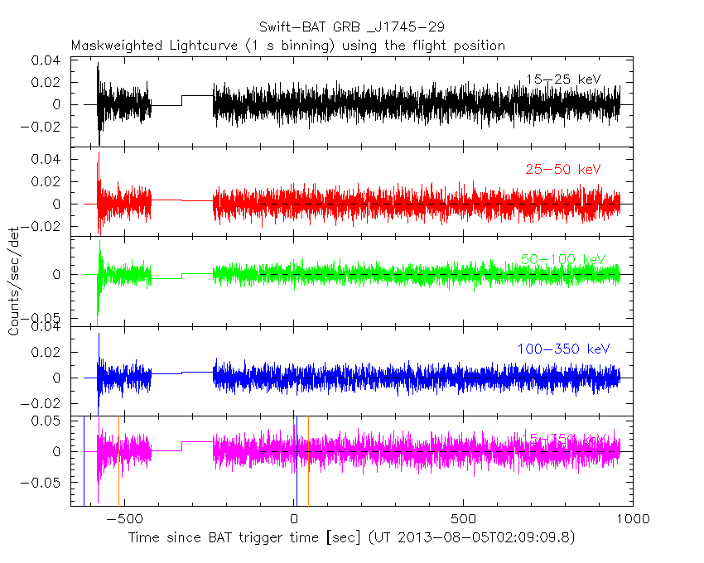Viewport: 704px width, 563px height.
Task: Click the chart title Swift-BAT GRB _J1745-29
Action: click(x=352, y=26)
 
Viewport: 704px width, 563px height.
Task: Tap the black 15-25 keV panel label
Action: click(x=562, y=79)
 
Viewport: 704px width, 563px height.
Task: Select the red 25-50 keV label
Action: click(x=562, y=170)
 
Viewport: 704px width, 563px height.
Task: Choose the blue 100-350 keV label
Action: click(x=558, y=349)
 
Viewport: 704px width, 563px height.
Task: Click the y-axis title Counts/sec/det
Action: click(x=14, y=282)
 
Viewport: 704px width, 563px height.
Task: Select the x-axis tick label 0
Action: click(x=294, y=519)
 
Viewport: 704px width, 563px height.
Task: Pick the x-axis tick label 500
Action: click(x=463, y=519)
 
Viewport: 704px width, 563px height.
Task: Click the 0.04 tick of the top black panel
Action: click(x=46, y=60)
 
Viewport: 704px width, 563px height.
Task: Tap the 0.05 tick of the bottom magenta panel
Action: click(x=46, y=421)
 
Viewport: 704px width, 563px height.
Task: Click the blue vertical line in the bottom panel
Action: click(x=296, y=464)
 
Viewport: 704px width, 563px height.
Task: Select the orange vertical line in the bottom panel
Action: click(x=308, y=464)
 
